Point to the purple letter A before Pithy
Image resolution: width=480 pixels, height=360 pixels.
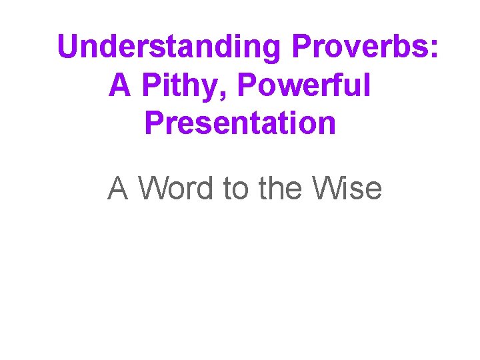point(119,85)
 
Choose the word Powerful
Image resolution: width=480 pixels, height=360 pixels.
point(303,85)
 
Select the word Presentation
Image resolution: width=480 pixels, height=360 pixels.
point(240,123)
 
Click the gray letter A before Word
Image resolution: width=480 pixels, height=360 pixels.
point(118,189)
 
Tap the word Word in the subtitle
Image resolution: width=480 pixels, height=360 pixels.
point(177,189)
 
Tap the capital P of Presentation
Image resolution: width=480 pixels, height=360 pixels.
point(153,123)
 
